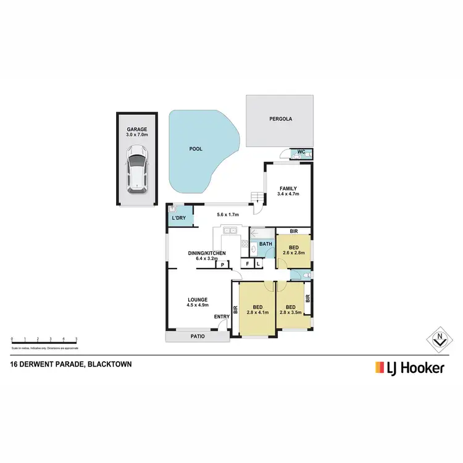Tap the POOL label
195,149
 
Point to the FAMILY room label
288,188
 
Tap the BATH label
265,244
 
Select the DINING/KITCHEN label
207,253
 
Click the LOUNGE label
198,300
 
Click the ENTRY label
222,317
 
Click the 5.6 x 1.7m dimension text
228,215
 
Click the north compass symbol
440,338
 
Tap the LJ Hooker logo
409,369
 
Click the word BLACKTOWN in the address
109,364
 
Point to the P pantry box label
221,265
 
